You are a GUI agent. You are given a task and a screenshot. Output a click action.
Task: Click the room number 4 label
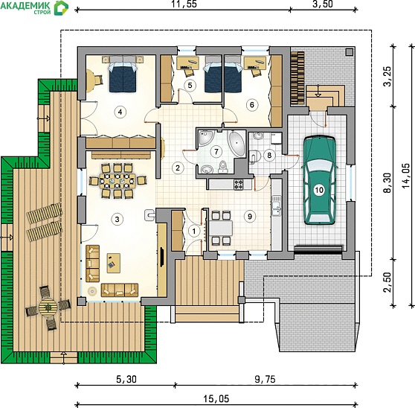[x=120, y=112]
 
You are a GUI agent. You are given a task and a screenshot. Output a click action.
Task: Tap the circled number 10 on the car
[x=319, y=190]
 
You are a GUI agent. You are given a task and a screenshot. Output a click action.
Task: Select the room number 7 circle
[x=216, y=152]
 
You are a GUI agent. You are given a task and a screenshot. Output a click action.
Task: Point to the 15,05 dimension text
[x=216, y=399]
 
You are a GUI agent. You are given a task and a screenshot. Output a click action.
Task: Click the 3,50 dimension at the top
[x=322, y=4]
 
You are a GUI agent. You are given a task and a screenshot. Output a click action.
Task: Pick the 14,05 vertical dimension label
[x=405, y=176]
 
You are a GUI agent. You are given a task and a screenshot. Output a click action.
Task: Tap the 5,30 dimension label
[x=126, y=380]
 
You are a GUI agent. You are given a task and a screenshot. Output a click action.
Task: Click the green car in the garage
[x=320, y=180]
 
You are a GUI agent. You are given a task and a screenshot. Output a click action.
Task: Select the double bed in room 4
[x=123, y=74]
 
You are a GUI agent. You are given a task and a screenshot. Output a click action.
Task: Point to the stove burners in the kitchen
[x=238, y=184]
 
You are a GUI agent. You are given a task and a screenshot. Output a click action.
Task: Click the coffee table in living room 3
[x=114, y=263]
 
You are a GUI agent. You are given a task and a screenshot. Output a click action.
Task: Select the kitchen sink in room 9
[x=277, y=205]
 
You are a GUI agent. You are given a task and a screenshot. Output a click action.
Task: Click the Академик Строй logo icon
[x=61, y=8]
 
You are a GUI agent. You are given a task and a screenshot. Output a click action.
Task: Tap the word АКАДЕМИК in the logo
[x=25, y=5]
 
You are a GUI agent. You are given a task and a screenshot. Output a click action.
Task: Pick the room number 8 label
[x=269, y=155]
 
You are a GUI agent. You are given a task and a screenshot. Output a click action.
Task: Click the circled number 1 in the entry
[x=194, y=232]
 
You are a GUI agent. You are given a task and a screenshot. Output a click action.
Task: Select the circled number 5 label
[x=190, y=86]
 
